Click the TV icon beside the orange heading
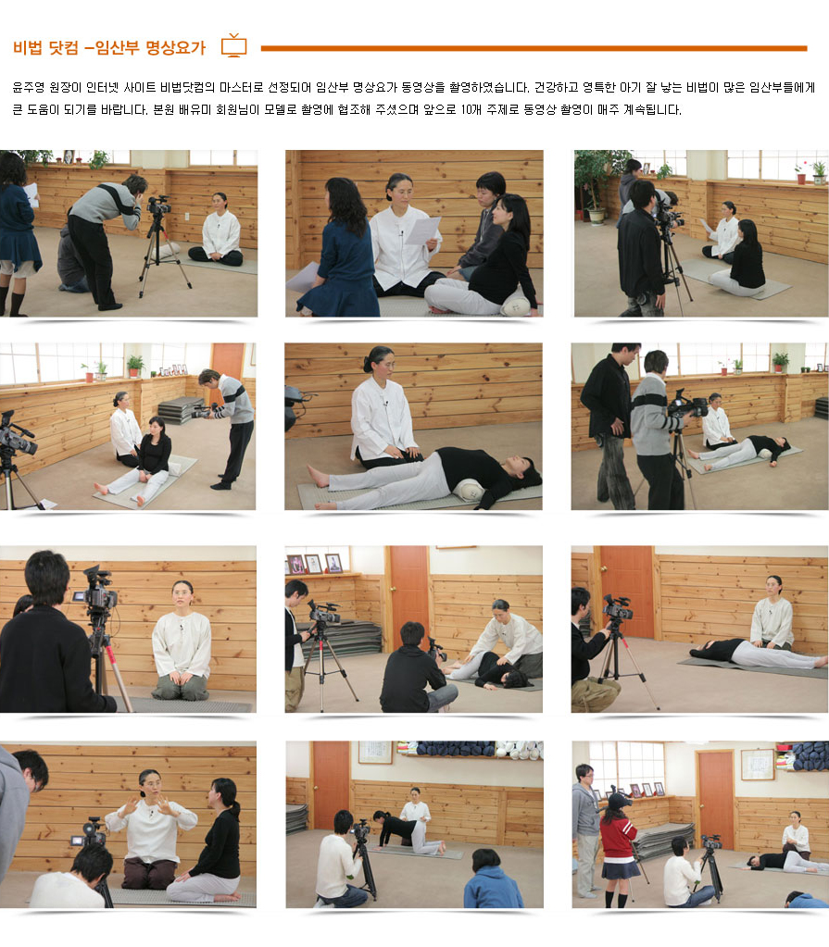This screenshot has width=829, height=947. click(233, 46)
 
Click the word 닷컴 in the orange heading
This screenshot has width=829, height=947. click(63, 48)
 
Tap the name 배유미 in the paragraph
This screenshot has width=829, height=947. click(195, 110)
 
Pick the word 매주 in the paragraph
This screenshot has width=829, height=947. click(608, 110)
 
